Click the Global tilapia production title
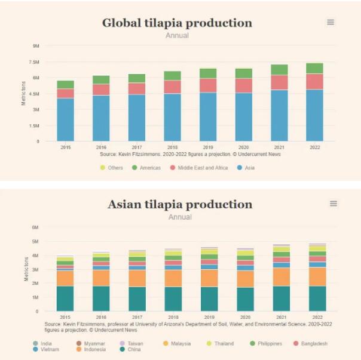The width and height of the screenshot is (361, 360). coord(177,23)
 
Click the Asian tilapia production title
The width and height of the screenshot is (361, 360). coord(180,205)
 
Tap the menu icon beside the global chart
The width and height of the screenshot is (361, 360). coord(331,22)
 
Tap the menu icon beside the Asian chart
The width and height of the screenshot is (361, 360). coord(334,204)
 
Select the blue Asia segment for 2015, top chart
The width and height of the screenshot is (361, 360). coord(66,119)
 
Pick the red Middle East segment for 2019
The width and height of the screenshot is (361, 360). coord(208,85)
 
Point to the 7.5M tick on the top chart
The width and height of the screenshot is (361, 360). coord(35,61)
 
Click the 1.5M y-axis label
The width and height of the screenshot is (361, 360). coord(35,126)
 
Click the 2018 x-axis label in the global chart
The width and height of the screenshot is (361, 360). coord(173,147)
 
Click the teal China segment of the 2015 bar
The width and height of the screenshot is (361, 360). coord(66,299)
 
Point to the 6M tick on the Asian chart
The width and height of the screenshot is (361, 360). coord(35,227)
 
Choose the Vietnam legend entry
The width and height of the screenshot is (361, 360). coord(50,349)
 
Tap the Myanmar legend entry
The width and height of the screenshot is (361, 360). coord(95,344)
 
